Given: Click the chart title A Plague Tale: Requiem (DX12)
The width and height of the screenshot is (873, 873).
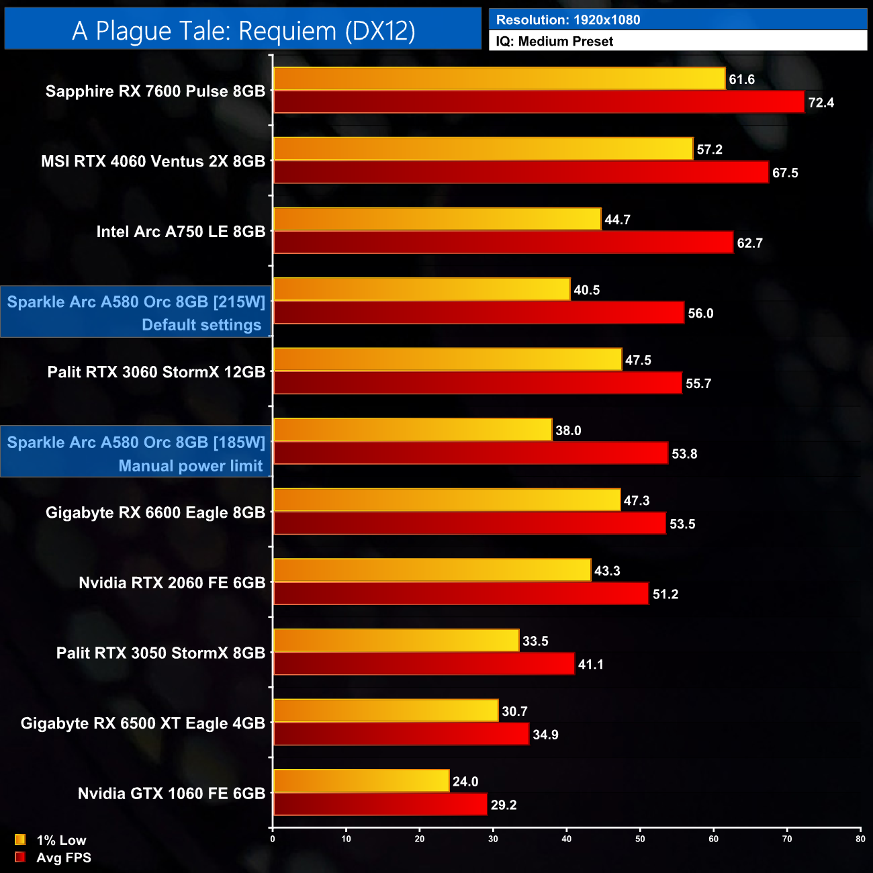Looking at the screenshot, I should [243, 31].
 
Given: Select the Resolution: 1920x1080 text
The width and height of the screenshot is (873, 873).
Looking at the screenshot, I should [567, 20].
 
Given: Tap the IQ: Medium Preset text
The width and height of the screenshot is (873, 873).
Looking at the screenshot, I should [554, 42].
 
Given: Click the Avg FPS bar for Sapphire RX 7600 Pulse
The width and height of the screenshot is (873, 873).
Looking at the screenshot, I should [539, 102].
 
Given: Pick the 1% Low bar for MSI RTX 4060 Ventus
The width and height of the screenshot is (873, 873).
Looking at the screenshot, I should [483, 149].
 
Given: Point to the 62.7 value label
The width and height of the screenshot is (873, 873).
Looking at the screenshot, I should [749, 243].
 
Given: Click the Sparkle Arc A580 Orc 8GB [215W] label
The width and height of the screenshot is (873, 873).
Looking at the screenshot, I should [136, 302].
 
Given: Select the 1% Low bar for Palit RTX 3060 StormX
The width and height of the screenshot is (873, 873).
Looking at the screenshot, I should [447, 360].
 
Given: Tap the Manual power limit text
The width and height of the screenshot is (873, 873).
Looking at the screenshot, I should [191, 466].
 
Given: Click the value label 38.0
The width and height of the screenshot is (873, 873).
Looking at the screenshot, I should [568, 430].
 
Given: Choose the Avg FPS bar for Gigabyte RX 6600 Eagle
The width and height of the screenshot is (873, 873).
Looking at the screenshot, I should [469, 524].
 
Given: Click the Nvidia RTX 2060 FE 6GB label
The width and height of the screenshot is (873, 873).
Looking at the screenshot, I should [172, 583].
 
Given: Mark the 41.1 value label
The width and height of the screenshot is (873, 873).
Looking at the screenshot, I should [590, 664].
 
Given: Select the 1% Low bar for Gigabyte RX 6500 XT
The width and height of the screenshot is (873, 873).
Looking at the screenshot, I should [385, 710].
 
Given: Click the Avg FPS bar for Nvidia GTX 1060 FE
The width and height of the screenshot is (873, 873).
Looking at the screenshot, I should [380, 805].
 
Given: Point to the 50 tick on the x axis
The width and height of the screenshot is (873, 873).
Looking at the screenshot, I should [640, 839].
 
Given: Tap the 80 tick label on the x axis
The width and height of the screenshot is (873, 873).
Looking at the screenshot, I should [860, 839].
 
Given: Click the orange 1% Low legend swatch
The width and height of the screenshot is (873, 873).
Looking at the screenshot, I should [20, 839].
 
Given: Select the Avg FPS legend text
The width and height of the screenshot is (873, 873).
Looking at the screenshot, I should [64, 858].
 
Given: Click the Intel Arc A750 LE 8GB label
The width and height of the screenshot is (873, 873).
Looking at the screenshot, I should [181, 232].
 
